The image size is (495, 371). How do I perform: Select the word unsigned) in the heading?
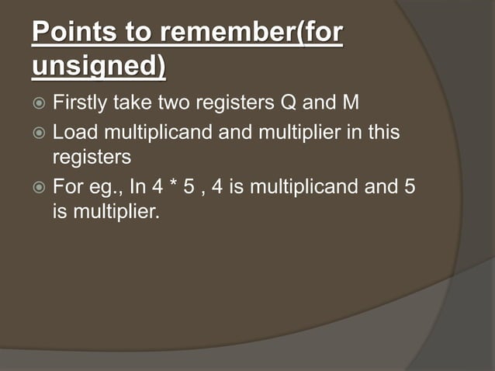[x=99, y=67]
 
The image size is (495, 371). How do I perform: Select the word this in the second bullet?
[x=385, y=133]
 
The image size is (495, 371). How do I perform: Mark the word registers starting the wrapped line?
[x=92, y=158]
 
